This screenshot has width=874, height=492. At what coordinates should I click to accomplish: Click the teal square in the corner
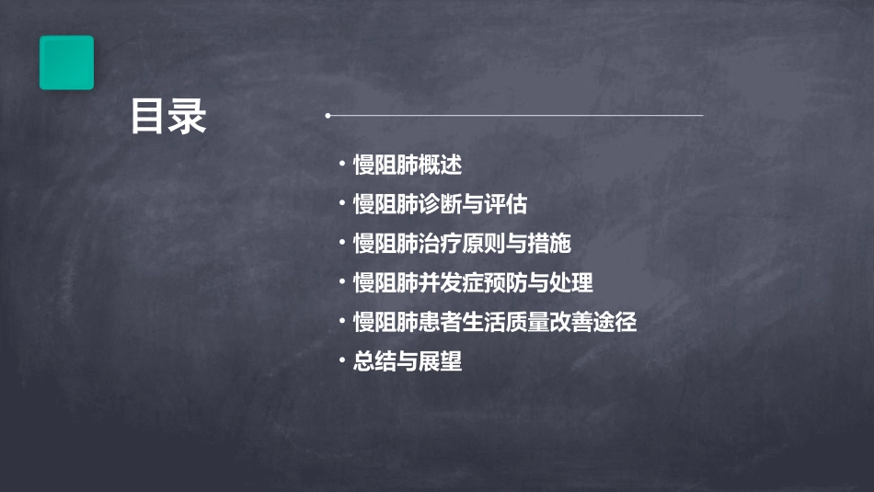66,63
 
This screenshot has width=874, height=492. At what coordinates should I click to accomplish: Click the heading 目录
168,117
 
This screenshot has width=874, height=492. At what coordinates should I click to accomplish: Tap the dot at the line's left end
328,116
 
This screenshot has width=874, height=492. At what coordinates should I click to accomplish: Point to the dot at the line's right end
702,116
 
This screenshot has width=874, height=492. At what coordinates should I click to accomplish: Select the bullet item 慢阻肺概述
407,166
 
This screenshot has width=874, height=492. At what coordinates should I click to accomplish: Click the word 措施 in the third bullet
549,244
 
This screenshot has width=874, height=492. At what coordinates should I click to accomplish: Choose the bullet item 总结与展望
407,362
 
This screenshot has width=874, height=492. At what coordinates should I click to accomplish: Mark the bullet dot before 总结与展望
342,361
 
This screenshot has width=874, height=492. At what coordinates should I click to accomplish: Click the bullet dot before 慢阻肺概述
342,166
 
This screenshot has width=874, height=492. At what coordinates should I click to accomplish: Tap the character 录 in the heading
188,117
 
